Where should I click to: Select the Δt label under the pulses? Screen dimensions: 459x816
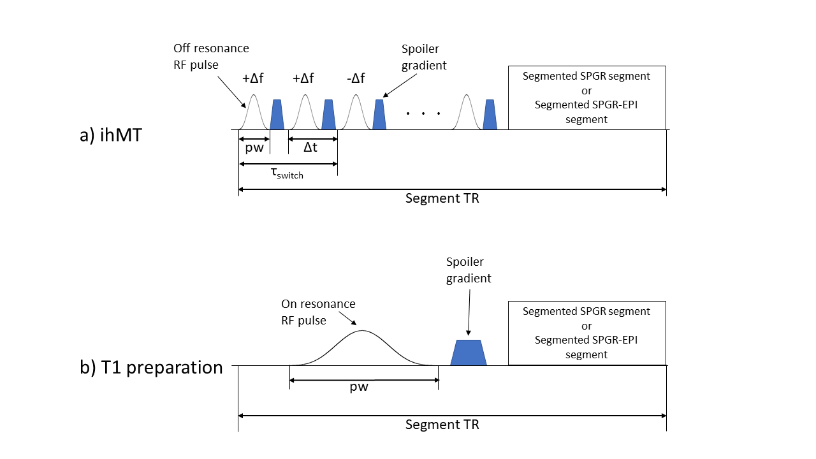(x=310, y=147)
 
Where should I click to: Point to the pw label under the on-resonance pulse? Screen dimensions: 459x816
(x=360, y=387)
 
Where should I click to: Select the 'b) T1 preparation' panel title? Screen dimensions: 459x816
(x=151, y=368)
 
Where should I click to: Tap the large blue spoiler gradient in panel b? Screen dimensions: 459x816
(x=469, y=353)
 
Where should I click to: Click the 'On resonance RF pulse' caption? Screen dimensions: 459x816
(x=318, y=312)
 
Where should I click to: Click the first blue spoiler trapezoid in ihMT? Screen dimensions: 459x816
(x=277, y=115)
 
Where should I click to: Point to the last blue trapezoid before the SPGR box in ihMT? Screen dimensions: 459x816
(x=490, y=115)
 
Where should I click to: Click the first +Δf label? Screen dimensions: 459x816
(x=252, y=78)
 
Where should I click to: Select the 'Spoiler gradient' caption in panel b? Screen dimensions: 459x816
(x=469, y=270)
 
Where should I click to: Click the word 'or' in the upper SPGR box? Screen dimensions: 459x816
(x=586, y=91)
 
